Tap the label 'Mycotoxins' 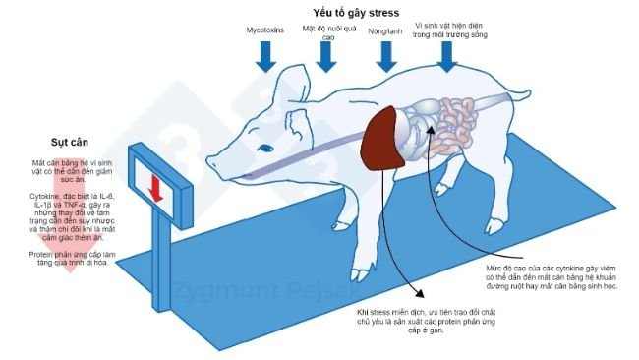pos(265,30)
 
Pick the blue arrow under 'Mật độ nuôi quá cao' pos(325,58)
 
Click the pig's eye pos(265,148)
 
